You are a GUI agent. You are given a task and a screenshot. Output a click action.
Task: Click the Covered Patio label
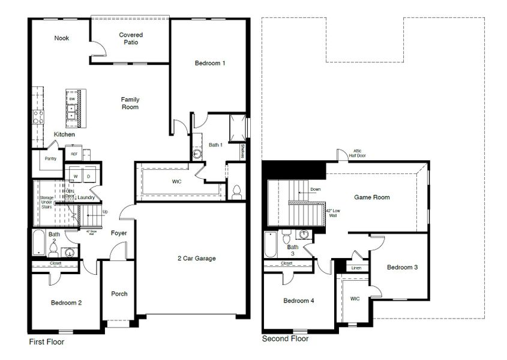click(131, 39)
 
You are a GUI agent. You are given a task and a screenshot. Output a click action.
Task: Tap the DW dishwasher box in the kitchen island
click(72, 98)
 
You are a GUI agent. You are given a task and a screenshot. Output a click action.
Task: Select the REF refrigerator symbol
click(74, 154)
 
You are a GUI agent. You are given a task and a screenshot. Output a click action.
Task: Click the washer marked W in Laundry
click(76, 176)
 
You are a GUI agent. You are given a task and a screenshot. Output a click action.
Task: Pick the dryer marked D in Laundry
click(88, 176)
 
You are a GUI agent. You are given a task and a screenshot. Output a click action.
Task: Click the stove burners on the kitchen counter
click(38, 116)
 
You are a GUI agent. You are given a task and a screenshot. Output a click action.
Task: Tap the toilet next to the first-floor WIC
click(236, 191)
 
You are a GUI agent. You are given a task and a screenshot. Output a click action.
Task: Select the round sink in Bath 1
click(198, 154)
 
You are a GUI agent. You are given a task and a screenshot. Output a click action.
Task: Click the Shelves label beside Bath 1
click(242, 151)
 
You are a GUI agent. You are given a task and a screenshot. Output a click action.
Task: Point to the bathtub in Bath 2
click(37, 243)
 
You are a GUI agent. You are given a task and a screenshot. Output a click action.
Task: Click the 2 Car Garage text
click(196, 259)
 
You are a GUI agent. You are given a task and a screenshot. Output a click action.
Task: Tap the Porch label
click(119, 293)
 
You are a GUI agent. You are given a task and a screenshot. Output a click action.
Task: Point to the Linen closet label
click(356, 268)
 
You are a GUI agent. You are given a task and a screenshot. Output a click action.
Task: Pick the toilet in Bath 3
click(287, 233)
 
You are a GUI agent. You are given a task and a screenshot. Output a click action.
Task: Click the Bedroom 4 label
click(298, 300)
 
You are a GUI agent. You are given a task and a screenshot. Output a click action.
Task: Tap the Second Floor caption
click(286, 339)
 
